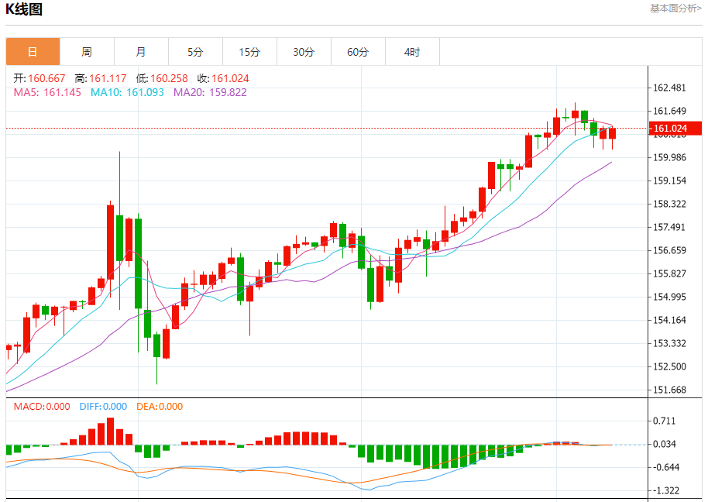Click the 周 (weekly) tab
click(87, 52)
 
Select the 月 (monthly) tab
click(141, 52)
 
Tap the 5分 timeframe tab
click(195, 52)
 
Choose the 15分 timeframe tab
click(249, 52)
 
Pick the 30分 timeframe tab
click(304, 52)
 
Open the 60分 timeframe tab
click(358, 52)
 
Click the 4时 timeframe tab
click(412, 52)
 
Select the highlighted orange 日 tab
click(33, 52)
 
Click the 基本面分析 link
click(675, 8)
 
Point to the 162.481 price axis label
click(670, 88)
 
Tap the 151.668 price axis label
click(670, 390)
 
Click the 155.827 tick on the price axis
click(670, 273)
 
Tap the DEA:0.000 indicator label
click(160, 406)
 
